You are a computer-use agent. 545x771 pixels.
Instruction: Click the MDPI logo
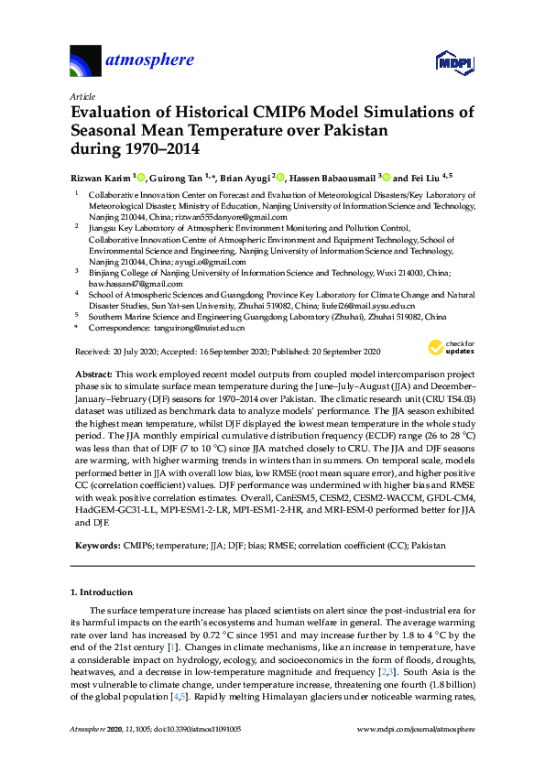[454, 62]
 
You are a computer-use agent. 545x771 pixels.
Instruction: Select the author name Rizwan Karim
[102, 176]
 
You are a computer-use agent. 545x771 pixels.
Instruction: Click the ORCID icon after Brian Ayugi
[269, 176]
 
